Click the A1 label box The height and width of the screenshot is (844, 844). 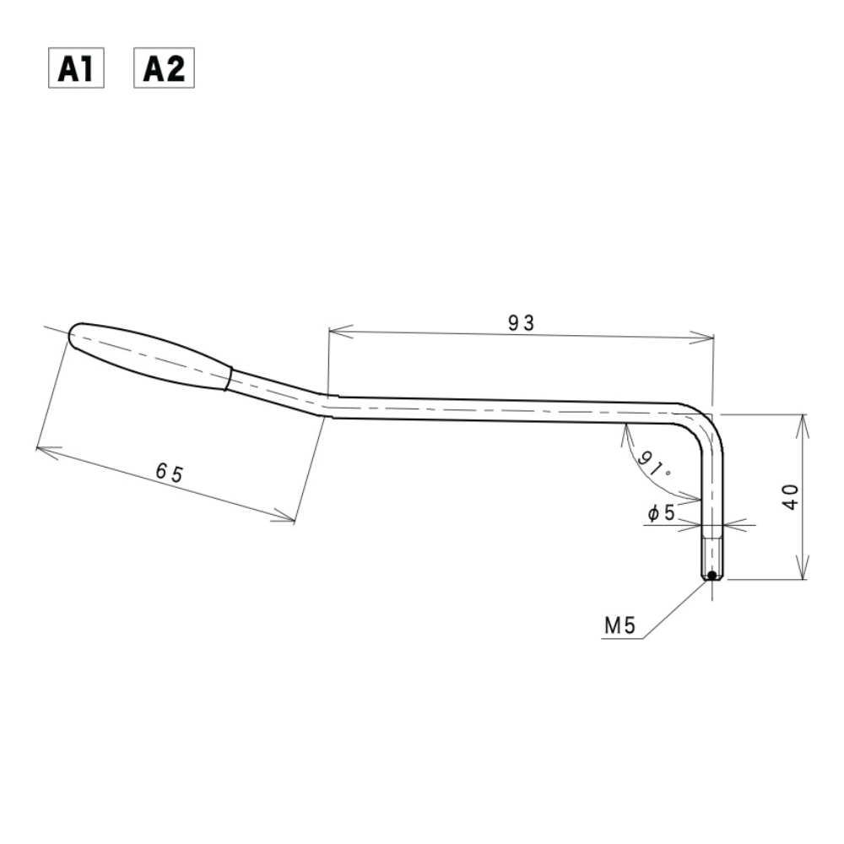click(x=74, y=69)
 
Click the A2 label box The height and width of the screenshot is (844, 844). click(x=165, y=69)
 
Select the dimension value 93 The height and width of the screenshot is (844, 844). click(x=521, y=322)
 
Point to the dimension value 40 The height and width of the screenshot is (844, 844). click(x=791, y=496)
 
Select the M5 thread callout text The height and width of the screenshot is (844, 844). click(x=619, y=625)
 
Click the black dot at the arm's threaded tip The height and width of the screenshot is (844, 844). click(x=712, y=576)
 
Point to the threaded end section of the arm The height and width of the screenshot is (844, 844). click(x=712, y=553)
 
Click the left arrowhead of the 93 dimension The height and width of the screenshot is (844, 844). click(x=334, y=331)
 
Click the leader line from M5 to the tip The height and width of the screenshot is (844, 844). click(x=675, y=609)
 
